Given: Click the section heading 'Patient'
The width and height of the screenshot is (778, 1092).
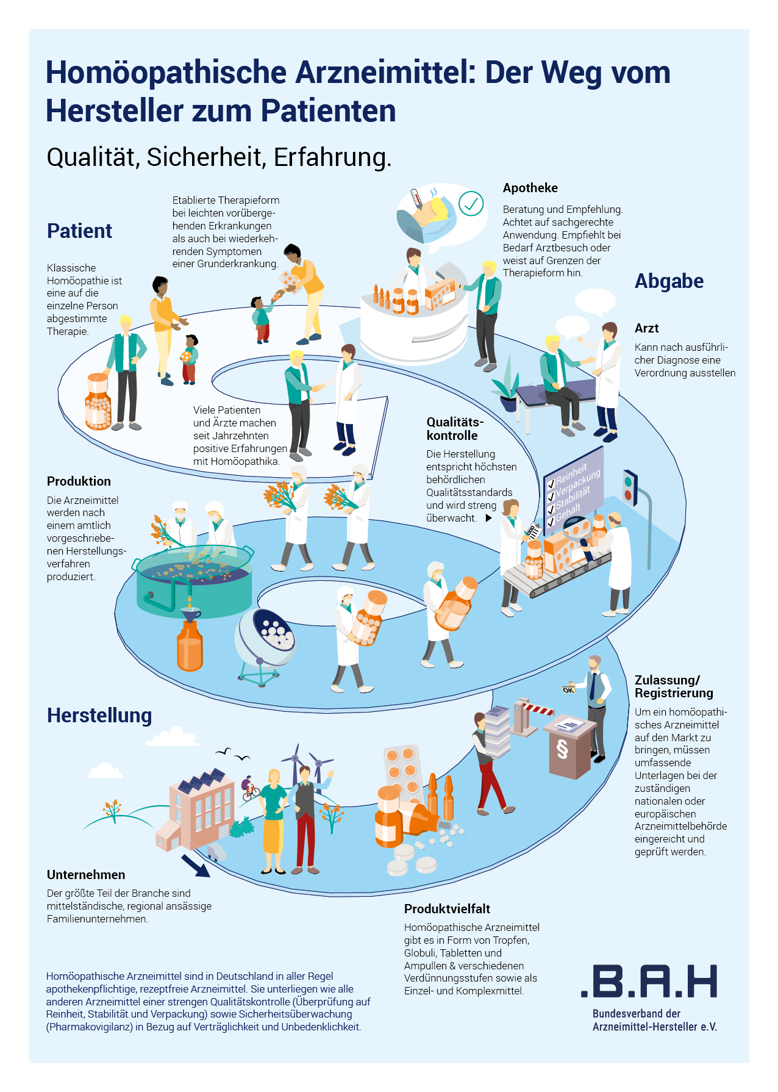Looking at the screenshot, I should pos(79,231).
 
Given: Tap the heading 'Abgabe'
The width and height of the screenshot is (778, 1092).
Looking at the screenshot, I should pos(669,281).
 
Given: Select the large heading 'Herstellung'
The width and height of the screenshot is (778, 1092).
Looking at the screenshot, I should pos(99,716).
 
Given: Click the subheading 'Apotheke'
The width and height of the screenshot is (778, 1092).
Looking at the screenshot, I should pos(530,188).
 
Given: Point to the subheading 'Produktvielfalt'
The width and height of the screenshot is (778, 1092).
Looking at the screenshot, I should pos(447,909).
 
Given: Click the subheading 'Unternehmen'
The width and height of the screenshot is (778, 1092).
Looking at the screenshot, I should pos(86,875).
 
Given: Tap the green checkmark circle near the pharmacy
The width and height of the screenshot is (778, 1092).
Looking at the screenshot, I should pos(471,204).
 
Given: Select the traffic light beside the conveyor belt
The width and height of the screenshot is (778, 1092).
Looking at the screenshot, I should pos(629,488).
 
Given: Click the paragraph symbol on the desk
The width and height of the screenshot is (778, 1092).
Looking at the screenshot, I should pos(562,749).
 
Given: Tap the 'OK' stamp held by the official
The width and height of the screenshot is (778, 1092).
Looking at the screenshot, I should pos(569,689).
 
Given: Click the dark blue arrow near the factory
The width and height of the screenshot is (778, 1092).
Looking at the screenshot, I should pos(196,865).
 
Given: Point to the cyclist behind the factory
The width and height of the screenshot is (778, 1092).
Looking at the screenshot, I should pos(249,788).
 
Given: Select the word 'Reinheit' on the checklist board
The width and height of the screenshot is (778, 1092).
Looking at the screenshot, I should pos(571,473).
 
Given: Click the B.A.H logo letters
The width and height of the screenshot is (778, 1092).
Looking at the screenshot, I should pos(649,982).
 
